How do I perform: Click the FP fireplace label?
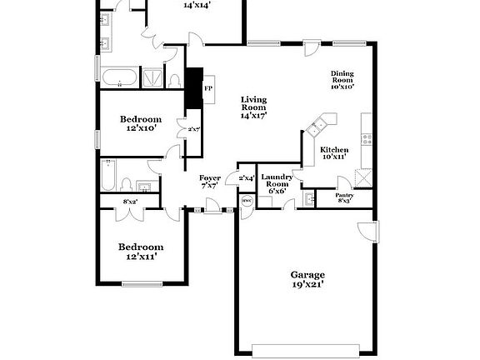pyautogui.click(x=208, y=87)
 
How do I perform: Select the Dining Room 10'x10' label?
pyautogui.click(x=342, y=79)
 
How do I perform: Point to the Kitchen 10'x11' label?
pyautogui.click(x=334, y=152)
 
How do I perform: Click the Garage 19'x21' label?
pyautogui.click(x=307, y=279)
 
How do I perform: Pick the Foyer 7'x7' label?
pyautogui.click(x=209, y=182)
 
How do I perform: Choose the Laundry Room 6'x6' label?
pyautogui.click(x=276, y=183)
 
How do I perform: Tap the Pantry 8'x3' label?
pyautogui.click(x=345, y=197)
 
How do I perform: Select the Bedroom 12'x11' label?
pyautogui.click(x=140, y=252)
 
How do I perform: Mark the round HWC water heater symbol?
pyautogui.click(x=247, y=201)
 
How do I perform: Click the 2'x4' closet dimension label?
pyautogui.click(x=247, y=177)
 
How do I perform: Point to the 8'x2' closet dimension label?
pyautogui.click(x=130, y=202)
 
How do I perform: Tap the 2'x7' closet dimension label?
pyautogui.click(x=192, y=129)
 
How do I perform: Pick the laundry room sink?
pyautogui.click(x=309, y=199)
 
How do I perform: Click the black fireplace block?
pyautogui.click(x=194, y=87)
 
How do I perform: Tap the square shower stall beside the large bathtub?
pyautogui.click(x=153, y=78)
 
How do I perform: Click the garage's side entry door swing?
pyautogui.click(x=367, y=232)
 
